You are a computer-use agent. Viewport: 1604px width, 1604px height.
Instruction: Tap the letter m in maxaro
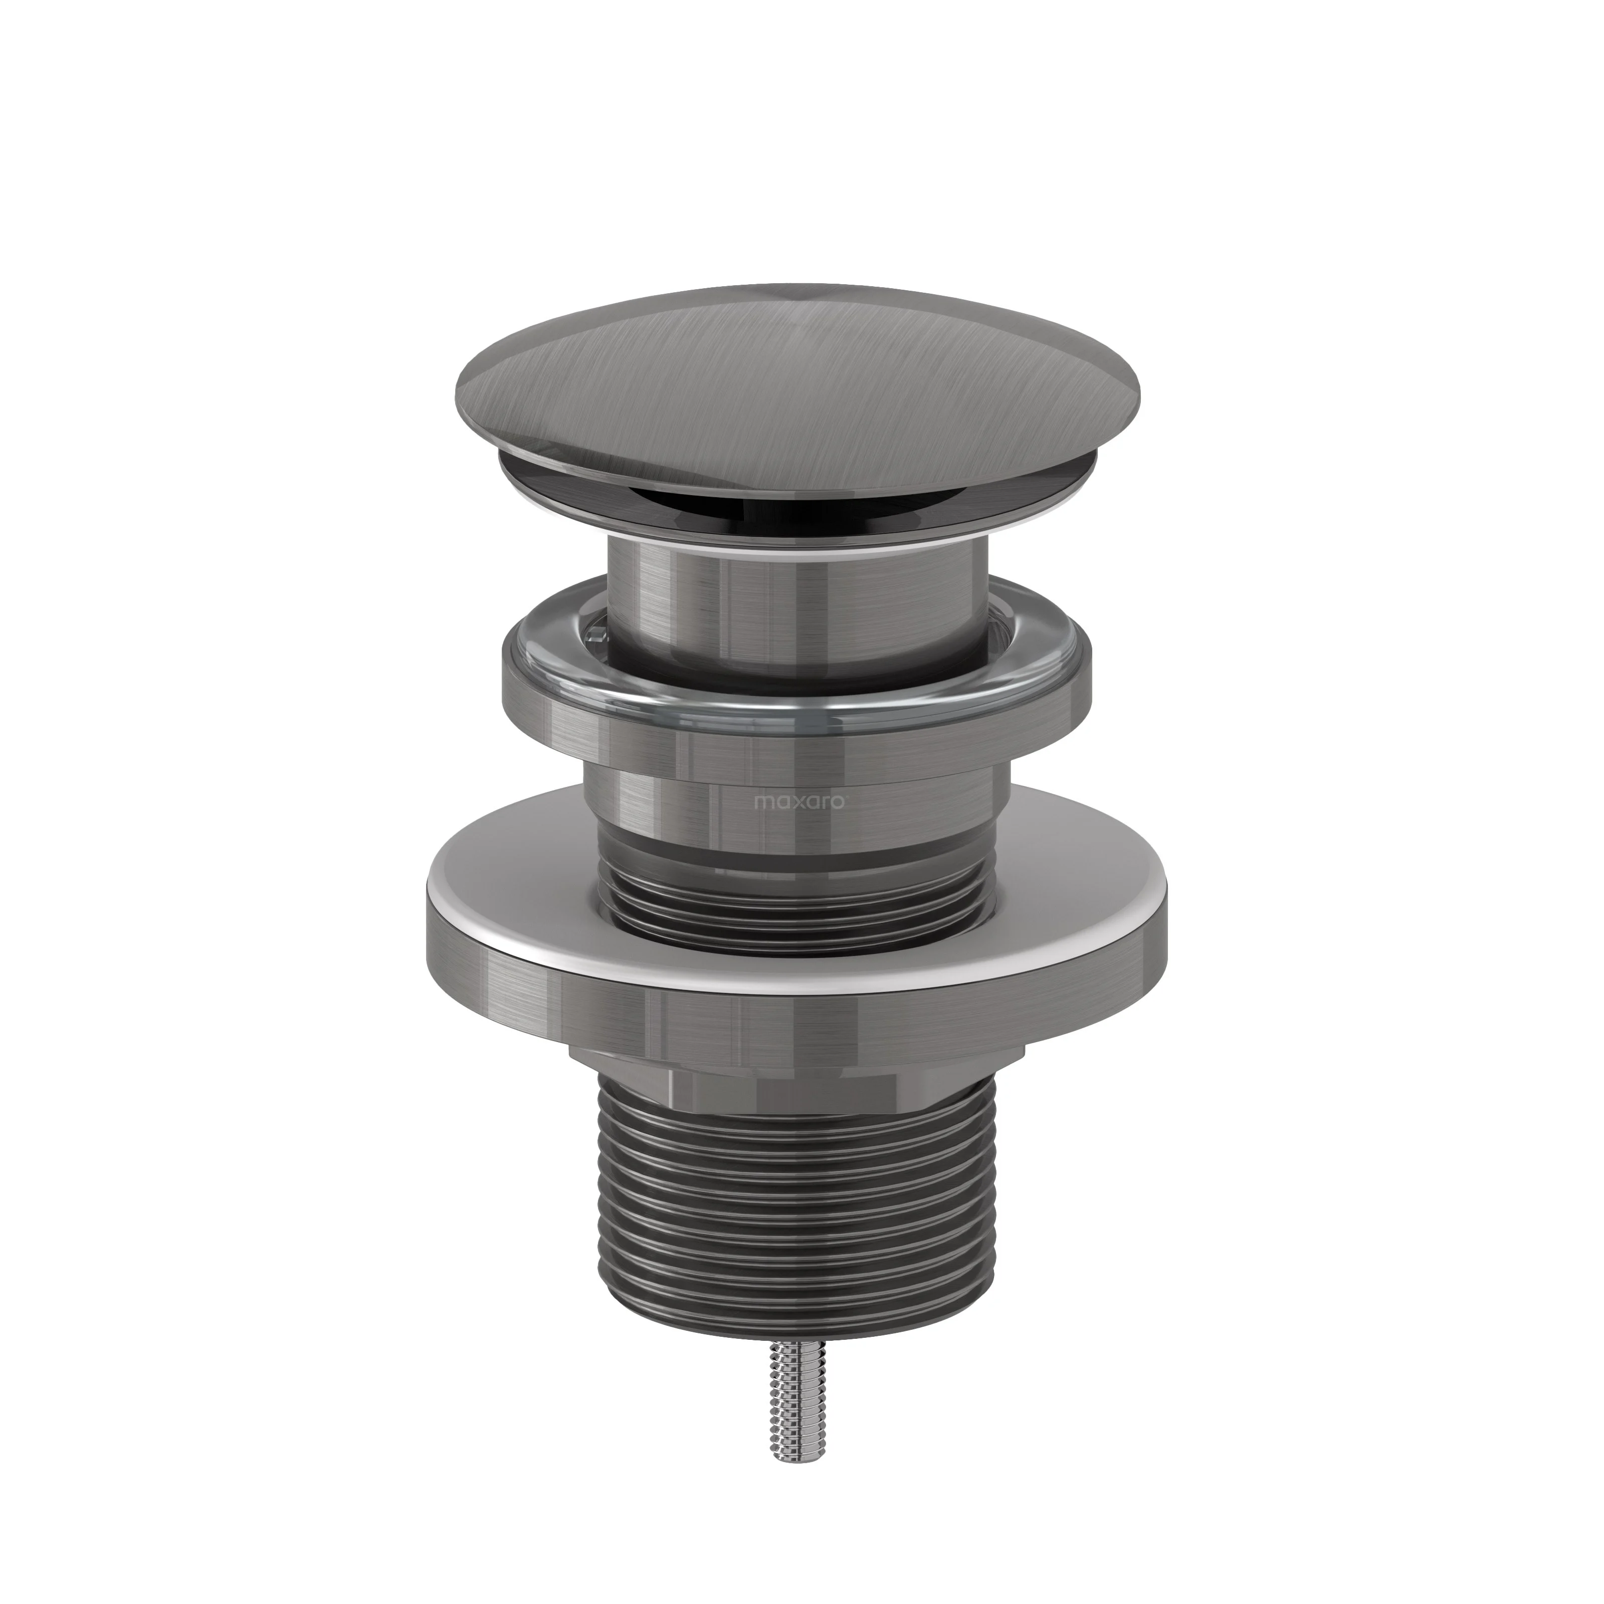tap(760, 804)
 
